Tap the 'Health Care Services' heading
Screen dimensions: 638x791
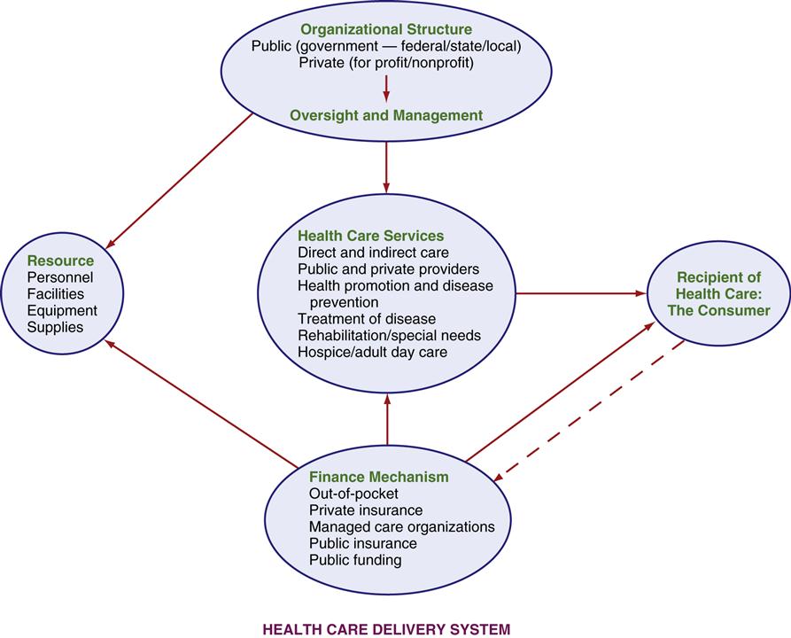[x=370, y=236]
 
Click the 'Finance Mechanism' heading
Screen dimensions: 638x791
[x=379, y=477]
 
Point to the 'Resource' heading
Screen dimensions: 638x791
[x=60, y=261]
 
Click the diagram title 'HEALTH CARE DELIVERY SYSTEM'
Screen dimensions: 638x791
[x=387, y=629]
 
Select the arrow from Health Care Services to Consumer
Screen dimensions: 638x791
[x=580, y=292]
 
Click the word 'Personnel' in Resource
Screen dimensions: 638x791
[x=58, y=277]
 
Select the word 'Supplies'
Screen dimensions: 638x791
[x=55, y=327]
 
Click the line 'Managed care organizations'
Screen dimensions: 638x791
[x=401, y=527]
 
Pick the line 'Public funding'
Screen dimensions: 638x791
[x=355, y=560]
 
